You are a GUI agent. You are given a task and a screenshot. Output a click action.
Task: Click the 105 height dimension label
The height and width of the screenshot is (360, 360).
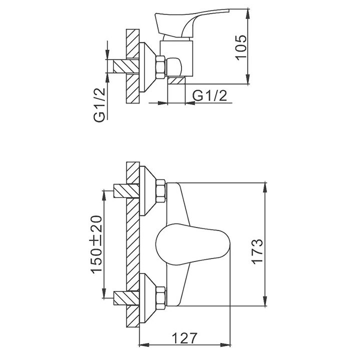click(x=241, y=47)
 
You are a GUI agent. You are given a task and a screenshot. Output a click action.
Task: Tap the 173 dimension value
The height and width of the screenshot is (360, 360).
click(x=257, y=252)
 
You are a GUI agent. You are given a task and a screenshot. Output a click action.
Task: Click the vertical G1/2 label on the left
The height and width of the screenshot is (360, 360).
click(x=99, y=105)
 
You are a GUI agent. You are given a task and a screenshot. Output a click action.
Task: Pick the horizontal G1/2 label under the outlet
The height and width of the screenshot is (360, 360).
click(x=209, y=95)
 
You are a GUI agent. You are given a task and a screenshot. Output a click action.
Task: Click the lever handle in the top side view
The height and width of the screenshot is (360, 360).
click(x=192, y=23)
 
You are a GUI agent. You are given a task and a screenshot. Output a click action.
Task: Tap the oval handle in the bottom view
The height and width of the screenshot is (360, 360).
click(x=193, y=244)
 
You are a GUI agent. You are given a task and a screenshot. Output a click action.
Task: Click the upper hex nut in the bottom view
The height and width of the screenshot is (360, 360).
click(x=160, y=191)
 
